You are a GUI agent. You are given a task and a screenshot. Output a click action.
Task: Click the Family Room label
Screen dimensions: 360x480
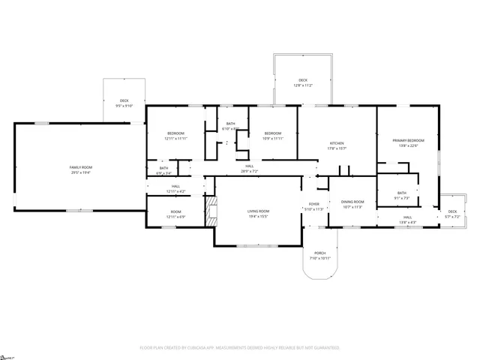81,167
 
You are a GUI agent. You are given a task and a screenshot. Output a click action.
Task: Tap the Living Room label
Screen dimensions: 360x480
259,211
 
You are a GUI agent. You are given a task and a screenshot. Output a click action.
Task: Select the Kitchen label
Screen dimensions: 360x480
337,143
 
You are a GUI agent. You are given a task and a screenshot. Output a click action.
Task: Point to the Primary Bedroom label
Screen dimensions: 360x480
408,140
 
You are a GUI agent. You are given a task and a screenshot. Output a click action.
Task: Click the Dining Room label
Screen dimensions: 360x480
352,202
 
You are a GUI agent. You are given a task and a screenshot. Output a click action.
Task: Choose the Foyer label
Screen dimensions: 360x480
313,204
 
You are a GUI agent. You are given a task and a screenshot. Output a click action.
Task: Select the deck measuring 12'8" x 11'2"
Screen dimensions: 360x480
303,82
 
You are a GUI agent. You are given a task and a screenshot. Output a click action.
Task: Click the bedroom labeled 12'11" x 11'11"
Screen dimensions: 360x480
175,136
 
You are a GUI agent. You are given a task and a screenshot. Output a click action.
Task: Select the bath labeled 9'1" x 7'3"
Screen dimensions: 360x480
402,195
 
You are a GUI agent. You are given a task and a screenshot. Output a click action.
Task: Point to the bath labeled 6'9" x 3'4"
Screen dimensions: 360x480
163,169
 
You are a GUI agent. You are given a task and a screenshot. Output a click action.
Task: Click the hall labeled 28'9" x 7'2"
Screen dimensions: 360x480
249,168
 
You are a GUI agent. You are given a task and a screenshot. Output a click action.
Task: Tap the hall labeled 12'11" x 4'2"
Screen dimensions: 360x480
175,188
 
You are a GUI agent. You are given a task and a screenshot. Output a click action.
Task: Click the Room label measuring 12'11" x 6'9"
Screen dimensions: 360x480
175,214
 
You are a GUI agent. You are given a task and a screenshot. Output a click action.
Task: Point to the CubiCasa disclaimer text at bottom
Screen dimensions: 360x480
240,348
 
